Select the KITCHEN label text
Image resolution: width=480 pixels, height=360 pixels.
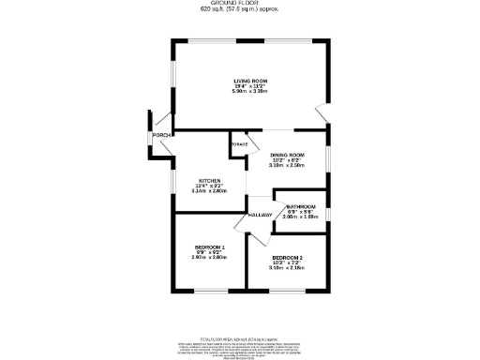point(209,180)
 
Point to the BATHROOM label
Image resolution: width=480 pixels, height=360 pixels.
point(301,206)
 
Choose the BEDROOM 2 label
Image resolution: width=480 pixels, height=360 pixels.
point(287,257)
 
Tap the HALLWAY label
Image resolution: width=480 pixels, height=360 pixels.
point(260,216)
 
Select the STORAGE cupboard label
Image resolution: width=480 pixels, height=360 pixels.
point(240,143)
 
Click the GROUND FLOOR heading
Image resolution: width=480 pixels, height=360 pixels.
point(239,4)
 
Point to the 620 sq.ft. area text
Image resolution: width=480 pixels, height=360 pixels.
point(239,10)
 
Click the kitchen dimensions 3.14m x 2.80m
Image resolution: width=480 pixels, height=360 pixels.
point(210,191)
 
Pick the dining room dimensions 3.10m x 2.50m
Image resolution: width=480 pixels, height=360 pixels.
point(288,165)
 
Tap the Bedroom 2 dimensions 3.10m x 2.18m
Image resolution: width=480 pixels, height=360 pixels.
point(287,268)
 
